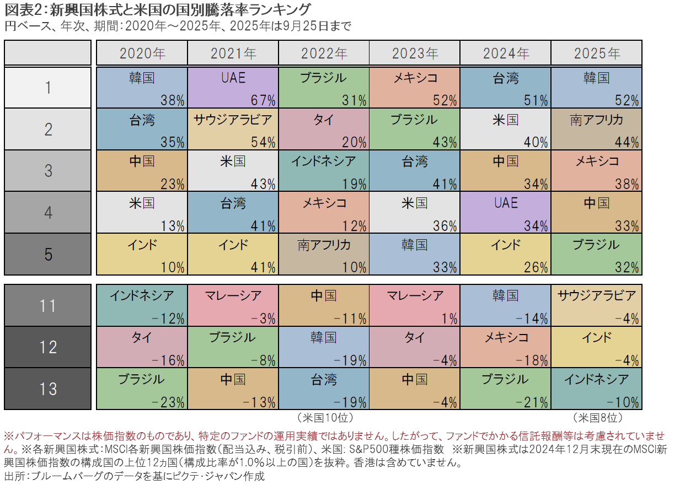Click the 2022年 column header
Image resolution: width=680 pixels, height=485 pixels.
click(324, 53)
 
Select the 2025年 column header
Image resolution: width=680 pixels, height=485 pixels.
click(596, 53)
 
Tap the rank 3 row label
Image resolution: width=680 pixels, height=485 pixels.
click(48, 170)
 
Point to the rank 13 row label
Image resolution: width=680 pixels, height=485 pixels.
click(48, 389)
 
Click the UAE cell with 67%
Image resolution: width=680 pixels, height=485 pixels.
click(233, 87)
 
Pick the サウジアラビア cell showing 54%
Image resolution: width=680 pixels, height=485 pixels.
click(233, 129)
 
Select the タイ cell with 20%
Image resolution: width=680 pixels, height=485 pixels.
click(324, 129)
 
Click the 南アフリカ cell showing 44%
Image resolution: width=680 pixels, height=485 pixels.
click(596, 129)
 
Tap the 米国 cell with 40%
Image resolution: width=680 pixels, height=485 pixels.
click(505, 129)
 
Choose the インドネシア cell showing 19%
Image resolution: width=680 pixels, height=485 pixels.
click(324, 170)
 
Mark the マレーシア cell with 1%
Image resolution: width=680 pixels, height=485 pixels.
click(414, 305)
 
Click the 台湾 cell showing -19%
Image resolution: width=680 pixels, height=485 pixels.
click(324, 389)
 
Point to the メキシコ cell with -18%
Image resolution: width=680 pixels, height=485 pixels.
click(505, 347)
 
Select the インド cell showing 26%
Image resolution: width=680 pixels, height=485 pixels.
click(505, 254)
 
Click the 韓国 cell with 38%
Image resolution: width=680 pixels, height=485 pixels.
click(142, 87)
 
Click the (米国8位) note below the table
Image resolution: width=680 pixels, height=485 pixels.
click(597, 417)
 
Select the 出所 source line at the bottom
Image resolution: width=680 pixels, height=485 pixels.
click(135, 476)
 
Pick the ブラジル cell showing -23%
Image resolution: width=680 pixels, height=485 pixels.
click(142, 389)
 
